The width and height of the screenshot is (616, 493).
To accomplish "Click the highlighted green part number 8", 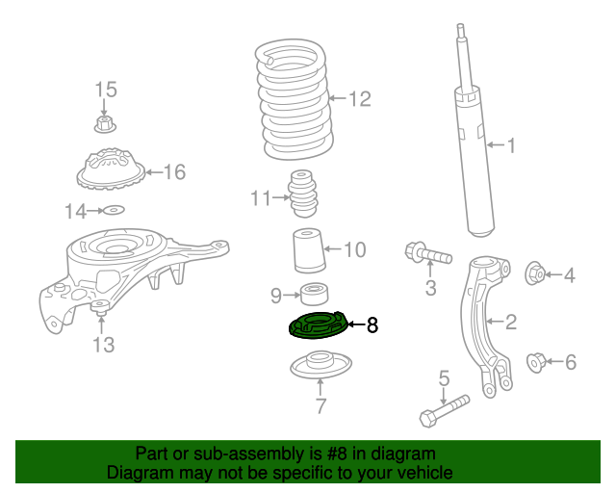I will (x=317, y=327).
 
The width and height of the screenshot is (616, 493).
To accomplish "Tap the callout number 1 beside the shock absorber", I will (x=511, y=146).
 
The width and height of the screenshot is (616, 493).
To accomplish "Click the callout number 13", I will (x=103, y=344).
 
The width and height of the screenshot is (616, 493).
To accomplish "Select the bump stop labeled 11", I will (x=303, y=196).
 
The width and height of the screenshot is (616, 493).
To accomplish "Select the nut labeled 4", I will (x=534, y=275).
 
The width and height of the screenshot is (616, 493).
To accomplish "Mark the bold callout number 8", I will (x=372, y=326).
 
